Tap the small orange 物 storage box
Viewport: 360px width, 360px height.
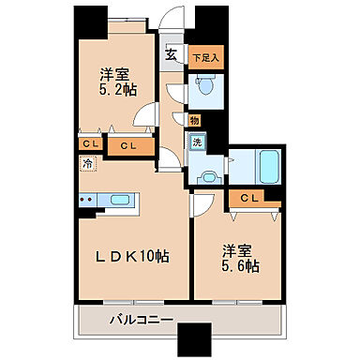tap(193, 120)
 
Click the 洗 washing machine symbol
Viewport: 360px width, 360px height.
tap(197, 142)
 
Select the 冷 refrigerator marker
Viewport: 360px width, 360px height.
tap(85, 161)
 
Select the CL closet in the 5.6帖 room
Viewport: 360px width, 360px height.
tap(249, 198)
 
